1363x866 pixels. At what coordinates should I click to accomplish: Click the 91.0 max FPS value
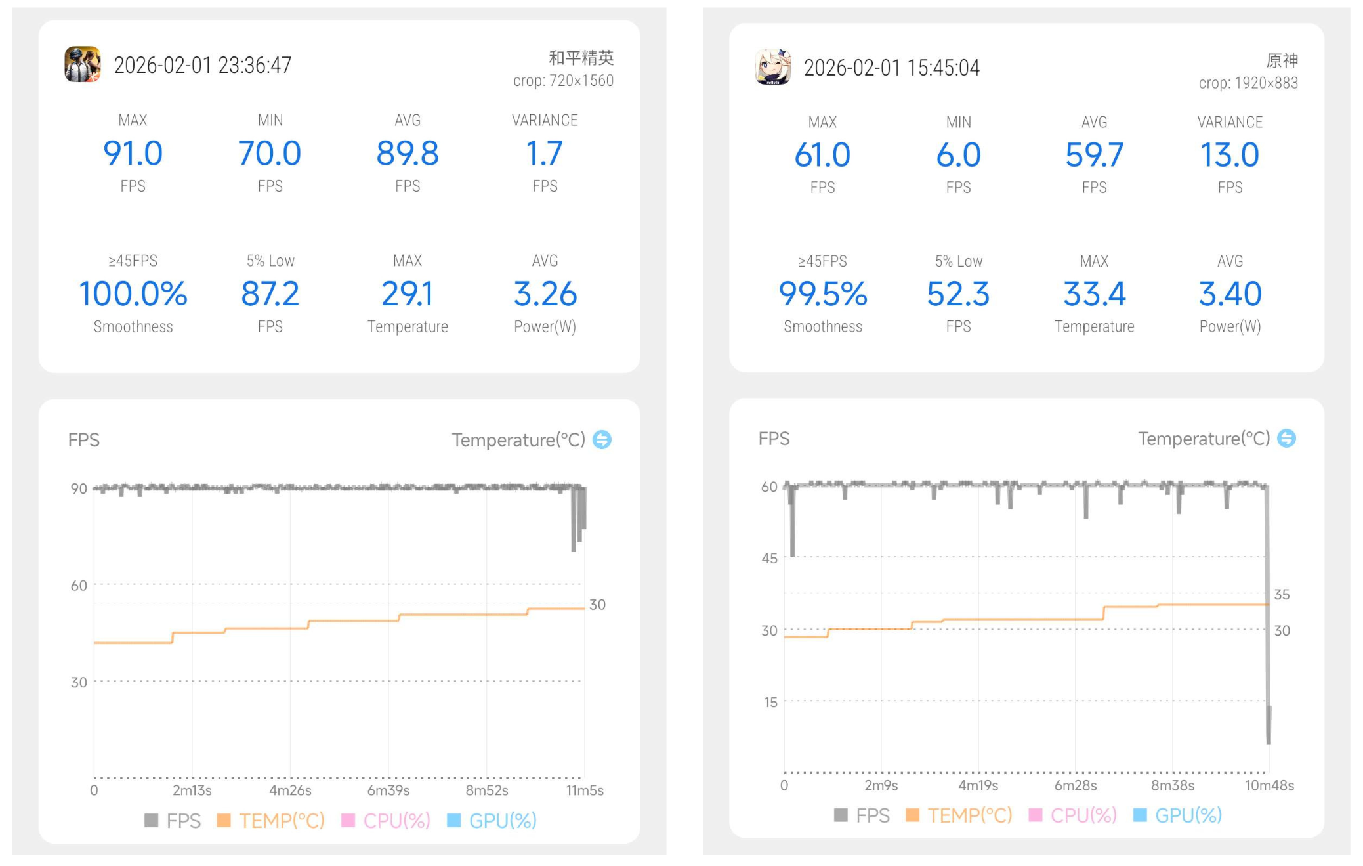pos(133,154)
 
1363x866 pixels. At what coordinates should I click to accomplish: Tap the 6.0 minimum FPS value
pos(958,156)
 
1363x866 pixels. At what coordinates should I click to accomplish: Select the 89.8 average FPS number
pos(407,154)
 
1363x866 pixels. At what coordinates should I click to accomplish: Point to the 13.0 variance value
pos(1230,156)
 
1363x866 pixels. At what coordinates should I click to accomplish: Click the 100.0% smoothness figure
pos(133,293)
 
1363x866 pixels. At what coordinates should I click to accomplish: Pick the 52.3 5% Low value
pos(958,294)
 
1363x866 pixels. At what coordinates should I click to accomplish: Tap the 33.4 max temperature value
pos(1094,294)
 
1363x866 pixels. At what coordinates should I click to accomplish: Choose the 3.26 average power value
pos(545,293)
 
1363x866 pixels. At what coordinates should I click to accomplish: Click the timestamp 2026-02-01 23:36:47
pos(203,65)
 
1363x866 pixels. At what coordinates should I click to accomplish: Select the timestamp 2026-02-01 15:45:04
pos(891,68)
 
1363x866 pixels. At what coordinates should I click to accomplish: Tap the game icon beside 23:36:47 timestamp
pos(83,64)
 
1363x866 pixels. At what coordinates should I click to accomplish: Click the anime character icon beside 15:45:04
pos(773,67)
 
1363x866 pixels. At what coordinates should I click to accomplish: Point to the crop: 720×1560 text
pos(563,81)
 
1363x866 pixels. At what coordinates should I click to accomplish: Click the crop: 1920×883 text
pos(1248,83)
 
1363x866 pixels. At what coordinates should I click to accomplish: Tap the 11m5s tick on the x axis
pos(584,790)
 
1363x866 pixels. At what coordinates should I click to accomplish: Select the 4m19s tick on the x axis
pos(978,785)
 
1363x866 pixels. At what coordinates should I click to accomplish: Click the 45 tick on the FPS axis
pos(769,558)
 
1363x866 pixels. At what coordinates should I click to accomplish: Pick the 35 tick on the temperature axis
pos(1282,594)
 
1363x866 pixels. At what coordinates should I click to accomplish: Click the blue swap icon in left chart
pos(602,439)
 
